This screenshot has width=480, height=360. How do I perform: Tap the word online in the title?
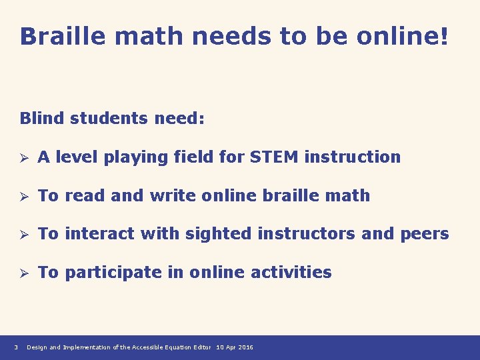tap(396, 37)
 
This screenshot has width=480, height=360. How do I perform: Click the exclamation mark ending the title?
tap(444, 37)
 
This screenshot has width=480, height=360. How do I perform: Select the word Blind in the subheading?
tap(42, 119)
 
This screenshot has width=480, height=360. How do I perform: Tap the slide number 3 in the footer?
tap(16, 347)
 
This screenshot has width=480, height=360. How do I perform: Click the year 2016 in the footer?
tap(244, 347)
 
